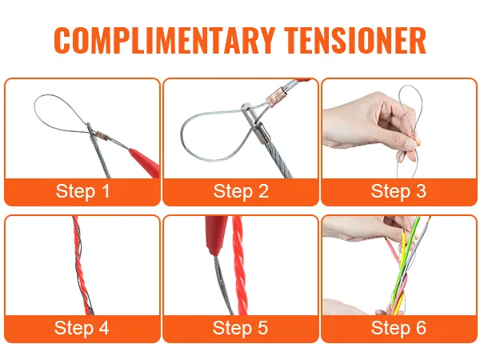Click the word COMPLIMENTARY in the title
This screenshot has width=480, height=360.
(x=164, y=40)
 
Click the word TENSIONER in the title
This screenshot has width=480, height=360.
(x=355, y=40)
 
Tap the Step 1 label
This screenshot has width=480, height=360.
(x=82, y=191)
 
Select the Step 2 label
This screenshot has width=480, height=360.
(x=241, y=191)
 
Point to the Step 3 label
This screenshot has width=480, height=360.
(x=398, y=191)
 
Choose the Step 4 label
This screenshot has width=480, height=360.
(x=82, y=327)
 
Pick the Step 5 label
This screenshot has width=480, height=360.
(x=240, y=327)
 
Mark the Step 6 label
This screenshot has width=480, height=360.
(x=398, y=327)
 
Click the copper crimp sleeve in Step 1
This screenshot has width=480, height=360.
(x=102, y=135)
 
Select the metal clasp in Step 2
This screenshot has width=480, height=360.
(x=255, y=124)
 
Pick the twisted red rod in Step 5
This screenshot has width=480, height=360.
(x=240, y=265)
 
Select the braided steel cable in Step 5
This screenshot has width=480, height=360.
(x=223, y=286)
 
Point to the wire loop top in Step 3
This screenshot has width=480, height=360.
(x=410, y=87)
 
